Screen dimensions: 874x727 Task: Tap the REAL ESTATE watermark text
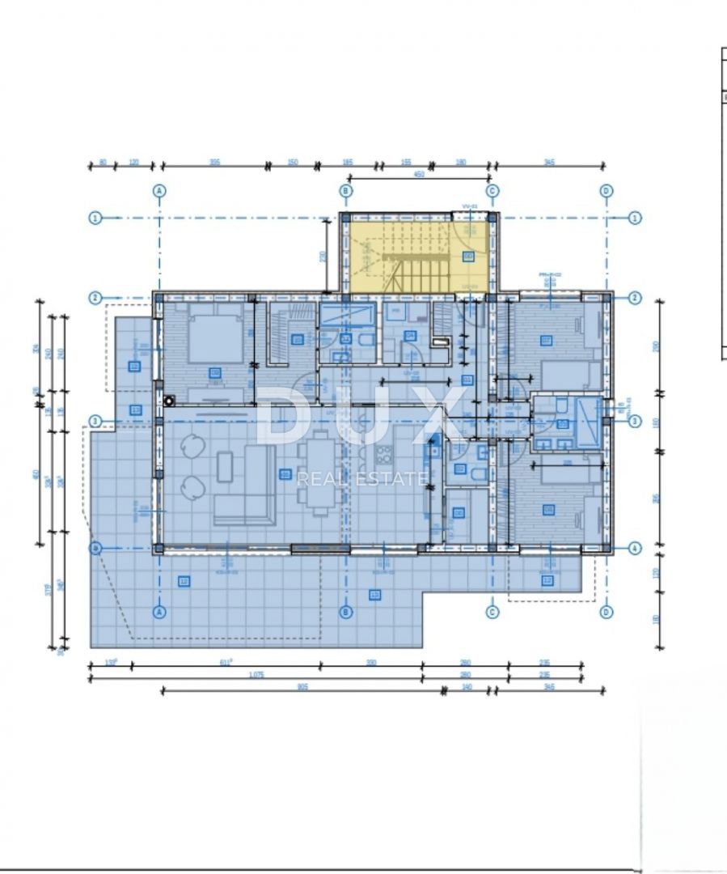[361, 478]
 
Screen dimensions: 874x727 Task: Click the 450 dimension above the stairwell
[419, 174]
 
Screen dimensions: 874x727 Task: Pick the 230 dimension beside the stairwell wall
[323, 256]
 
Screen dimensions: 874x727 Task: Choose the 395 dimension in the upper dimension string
[214, 162]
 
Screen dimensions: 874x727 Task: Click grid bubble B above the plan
[345, 191]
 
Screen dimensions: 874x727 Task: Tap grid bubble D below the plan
[607, 613]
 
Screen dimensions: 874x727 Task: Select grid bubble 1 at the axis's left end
[95, 218]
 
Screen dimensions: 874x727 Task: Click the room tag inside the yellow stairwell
[468, 257]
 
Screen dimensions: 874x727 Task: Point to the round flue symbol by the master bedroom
[169, 399]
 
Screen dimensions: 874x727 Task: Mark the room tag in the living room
[285, 474]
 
